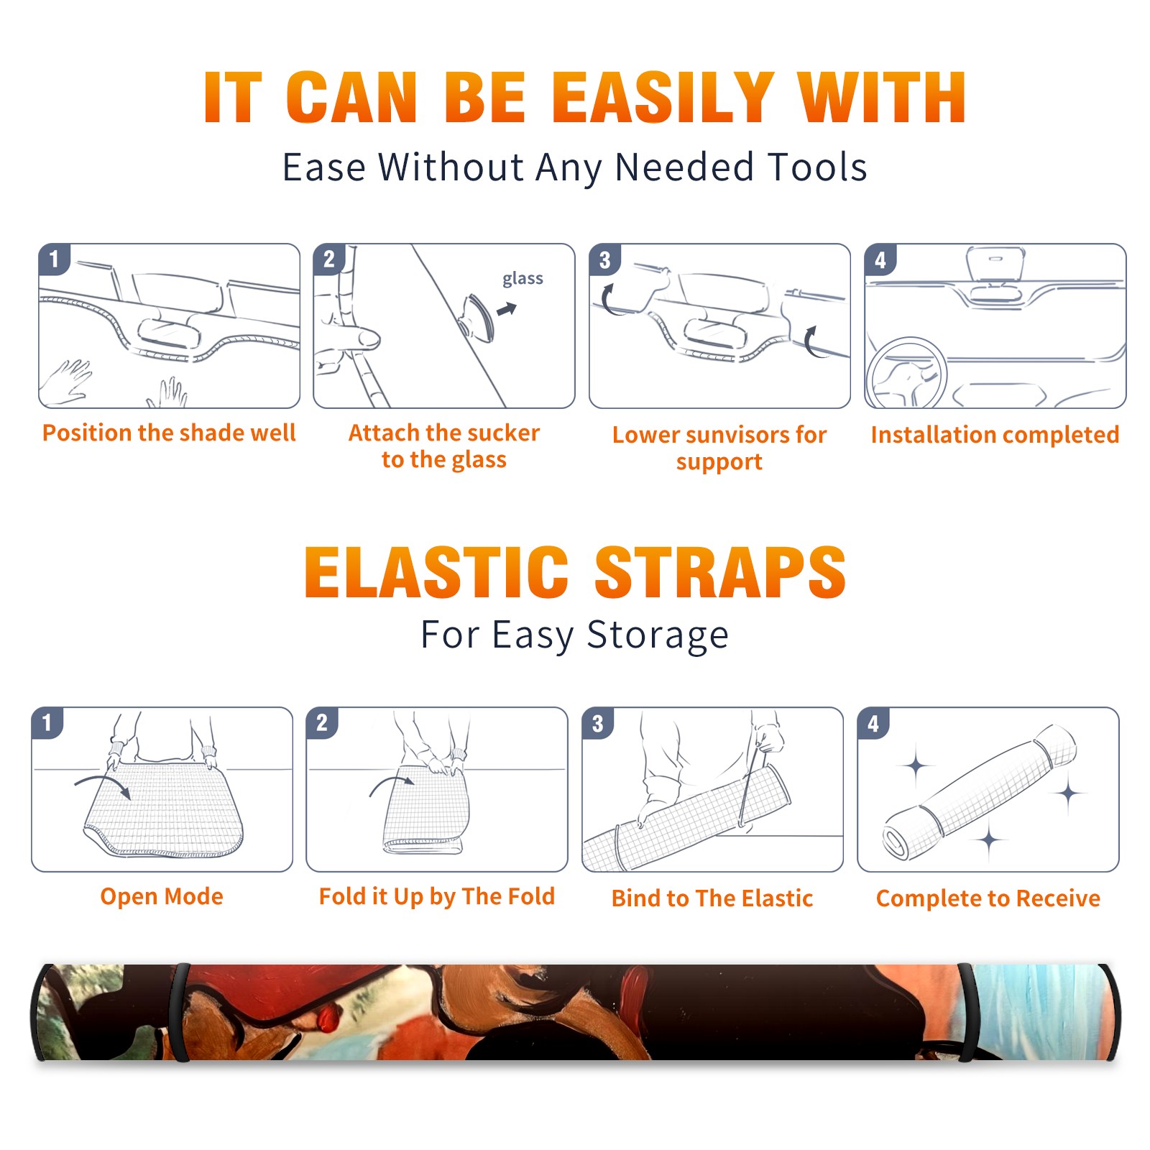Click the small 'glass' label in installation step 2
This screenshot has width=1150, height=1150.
523,279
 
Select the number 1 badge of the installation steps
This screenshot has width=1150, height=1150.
54,259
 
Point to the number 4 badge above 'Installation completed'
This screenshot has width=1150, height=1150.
880,259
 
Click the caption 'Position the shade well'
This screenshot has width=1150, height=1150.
169,433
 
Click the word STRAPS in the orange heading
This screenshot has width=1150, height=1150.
720,572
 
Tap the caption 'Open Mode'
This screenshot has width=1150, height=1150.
162,896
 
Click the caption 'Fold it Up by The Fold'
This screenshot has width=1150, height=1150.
437,897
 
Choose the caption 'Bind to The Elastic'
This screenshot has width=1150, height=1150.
712,898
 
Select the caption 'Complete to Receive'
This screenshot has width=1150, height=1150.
988,898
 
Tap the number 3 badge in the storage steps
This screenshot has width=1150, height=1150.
598,723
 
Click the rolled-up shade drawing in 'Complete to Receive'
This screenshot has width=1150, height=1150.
980,792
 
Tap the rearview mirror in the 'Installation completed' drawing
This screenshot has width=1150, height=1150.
995,264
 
